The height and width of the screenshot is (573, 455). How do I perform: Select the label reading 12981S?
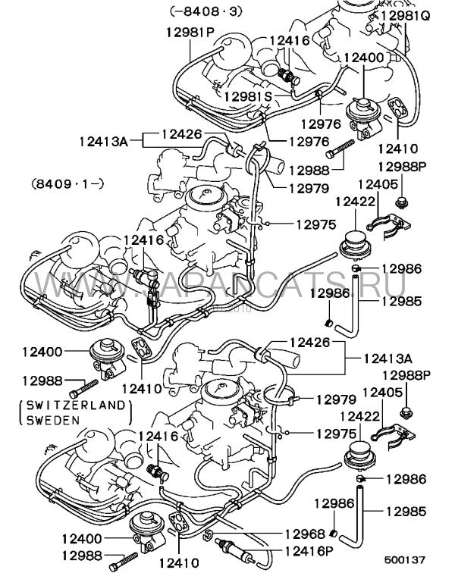247,96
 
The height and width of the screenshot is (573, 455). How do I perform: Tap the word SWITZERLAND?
73,405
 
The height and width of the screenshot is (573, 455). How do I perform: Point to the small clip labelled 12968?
207,537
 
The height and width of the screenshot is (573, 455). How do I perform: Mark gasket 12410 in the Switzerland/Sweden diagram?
180,524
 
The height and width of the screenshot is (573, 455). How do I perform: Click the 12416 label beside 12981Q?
290,41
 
